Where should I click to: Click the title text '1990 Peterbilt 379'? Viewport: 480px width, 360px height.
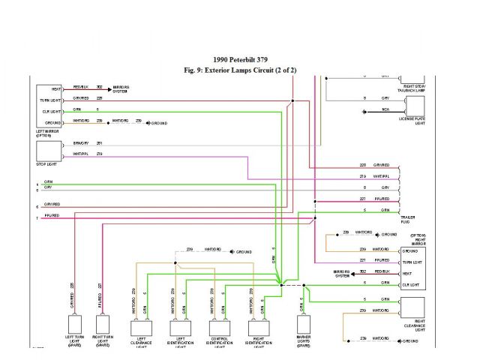click(240, 60)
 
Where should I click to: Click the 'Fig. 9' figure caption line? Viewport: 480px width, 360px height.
click(240, 70)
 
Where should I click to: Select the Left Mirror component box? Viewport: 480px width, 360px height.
click(50, 105)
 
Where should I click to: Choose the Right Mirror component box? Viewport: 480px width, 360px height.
click(413, 267)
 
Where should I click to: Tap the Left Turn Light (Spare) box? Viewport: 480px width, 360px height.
click(75, 325)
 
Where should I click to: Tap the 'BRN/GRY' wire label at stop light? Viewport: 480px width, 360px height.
click(81, 143)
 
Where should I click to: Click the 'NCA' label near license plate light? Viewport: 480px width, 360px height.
click(385, 111)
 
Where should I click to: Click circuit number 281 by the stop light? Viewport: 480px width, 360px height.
click(99, 143)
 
